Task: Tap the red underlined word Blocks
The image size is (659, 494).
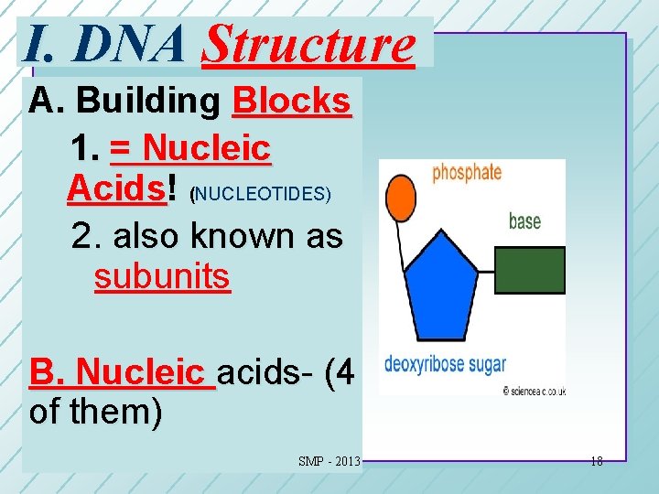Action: coord(291,101)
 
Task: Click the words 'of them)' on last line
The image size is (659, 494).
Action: coord(95,413)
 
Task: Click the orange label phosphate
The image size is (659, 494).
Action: coord(467,172)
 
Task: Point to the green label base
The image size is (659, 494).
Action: coord(524,221)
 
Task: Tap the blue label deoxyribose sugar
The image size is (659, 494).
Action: coord(445,364)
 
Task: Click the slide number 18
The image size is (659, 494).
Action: coord(596,461)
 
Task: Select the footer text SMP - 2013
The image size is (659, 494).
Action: coord(329,461)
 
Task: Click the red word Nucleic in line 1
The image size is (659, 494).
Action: coord(207,146)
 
